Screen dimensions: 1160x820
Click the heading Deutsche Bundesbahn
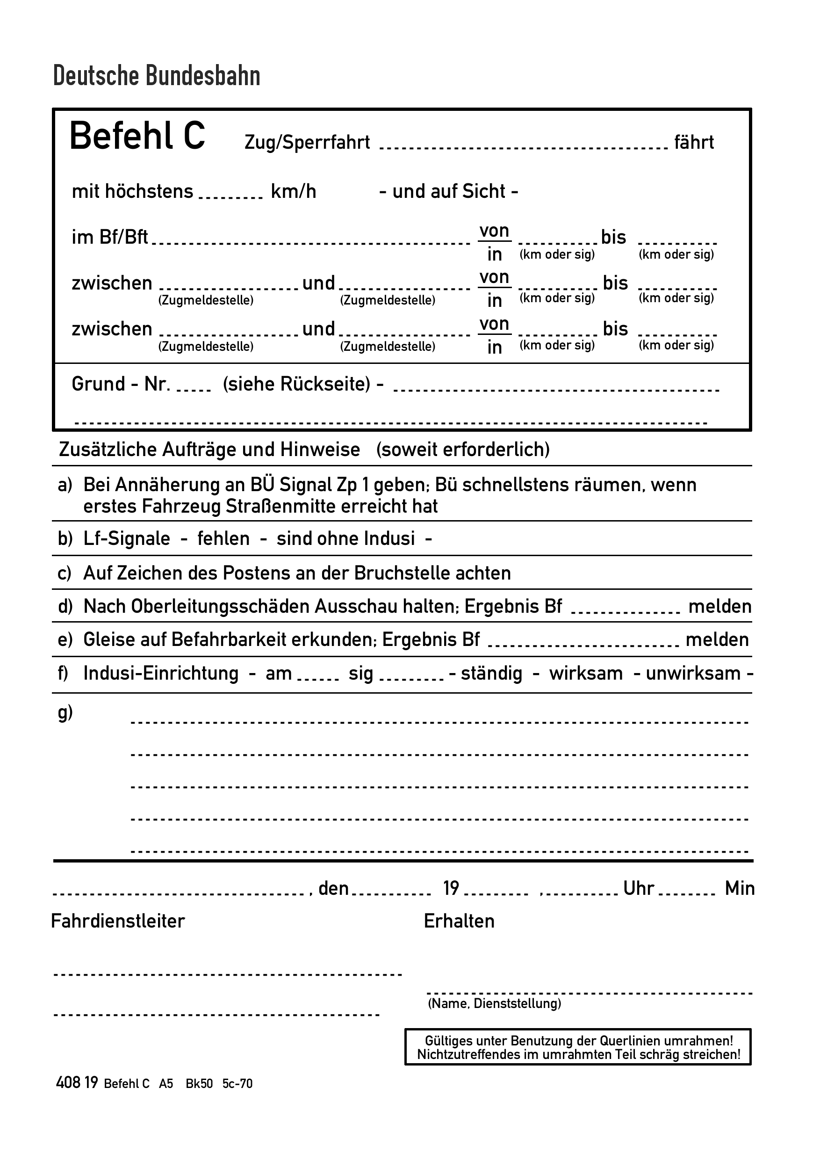tap(157, 76)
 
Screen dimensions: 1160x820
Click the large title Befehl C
tap(137, 137)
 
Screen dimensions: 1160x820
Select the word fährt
tap(694, 143)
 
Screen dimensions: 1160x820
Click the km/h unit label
tap(294, 191)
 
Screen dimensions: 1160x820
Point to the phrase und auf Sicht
tap(448, 191)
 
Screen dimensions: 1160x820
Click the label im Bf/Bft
tap(109, 237)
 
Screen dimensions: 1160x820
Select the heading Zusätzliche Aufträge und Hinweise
tap(209, 449)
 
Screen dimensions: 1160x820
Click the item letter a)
tap(65, 485)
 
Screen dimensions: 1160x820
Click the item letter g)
tap(65, 713)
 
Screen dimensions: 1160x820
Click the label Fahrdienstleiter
tap(118, 921)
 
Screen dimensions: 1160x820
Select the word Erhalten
tap(459, 921)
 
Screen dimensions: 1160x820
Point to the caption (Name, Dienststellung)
tap(494, 1003)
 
